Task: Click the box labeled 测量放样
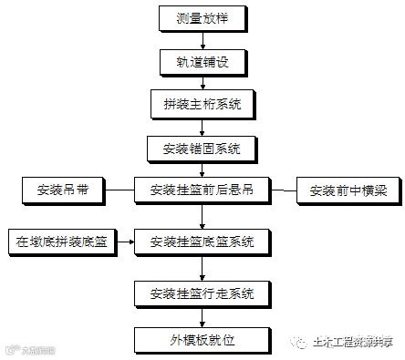(202, 17)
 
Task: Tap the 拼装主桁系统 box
(202, 103)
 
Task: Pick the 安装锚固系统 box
(202, 147)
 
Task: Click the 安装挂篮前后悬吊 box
(202, 190)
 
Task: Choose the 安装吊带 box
(62, 190)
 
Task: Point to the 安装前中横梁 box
(348, 190)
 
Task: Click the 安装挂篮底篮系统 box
(202, 242)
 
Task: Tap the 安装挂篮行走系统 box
(202, 293)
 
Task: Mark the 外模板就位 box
(202, 340)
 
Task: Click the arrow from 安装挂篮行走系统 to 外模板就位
(202, 316)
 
